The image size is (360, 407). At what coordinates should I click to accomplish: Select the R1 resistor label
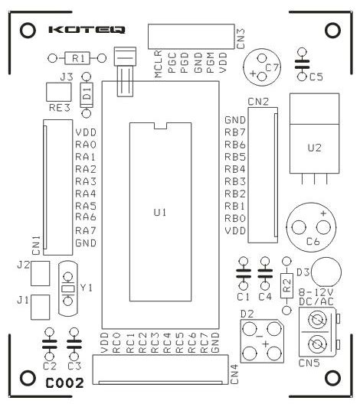77,58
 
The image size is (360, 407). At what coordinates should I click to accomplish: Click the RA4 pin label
85,194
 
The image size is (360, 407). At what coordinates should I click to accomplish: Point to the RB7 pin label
234,132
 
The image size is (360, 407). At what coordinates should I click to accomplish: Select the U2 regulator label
313,147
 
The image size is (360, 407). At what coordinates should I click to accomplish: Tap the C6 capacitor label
313,242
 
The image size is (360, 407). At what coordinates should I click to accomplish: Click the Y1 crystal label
86,288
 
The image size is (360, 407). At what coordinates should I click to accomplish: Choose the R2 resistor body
286,286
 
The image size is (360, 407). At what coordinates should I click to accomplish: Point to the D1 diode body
87,94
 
